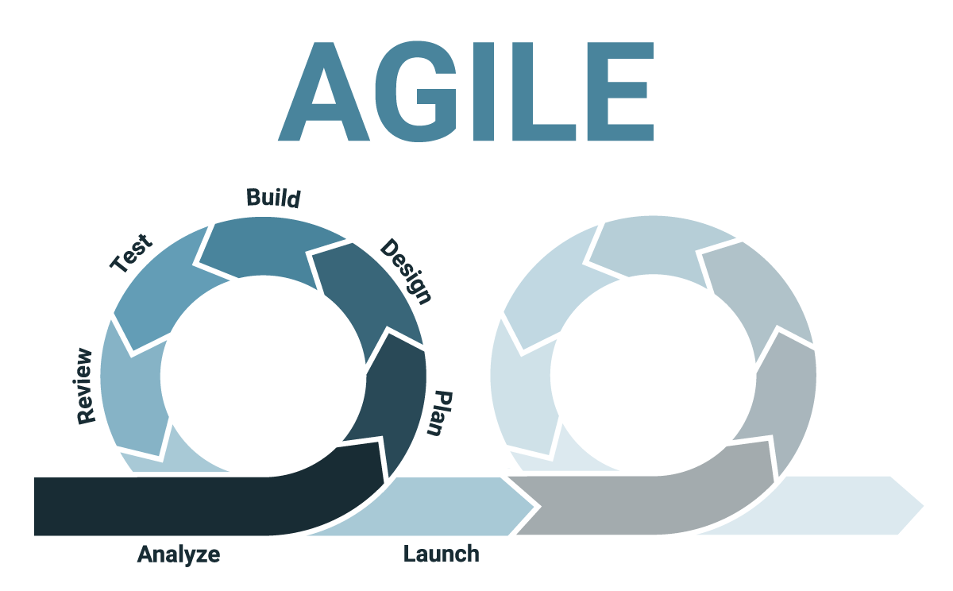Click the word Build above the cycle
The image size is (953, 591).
point(273,199)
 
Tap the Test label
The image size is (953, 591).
point(131,253)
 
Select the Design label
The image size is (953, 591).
point(406,272)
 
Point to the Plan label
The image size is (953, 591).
point(439,413)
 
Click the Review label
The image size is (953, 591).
point(85,386)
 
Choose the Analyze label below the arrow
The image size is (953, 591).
point(179,554)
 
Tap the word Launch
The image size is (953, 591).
point(442,554)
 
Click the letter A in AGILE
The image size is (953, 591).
point(324,91)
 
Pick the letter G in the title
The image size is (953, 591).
point(415,91)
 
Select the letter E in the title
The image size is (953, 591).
point(620,91)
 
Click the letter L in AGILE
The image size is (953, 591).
point(544,91)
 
